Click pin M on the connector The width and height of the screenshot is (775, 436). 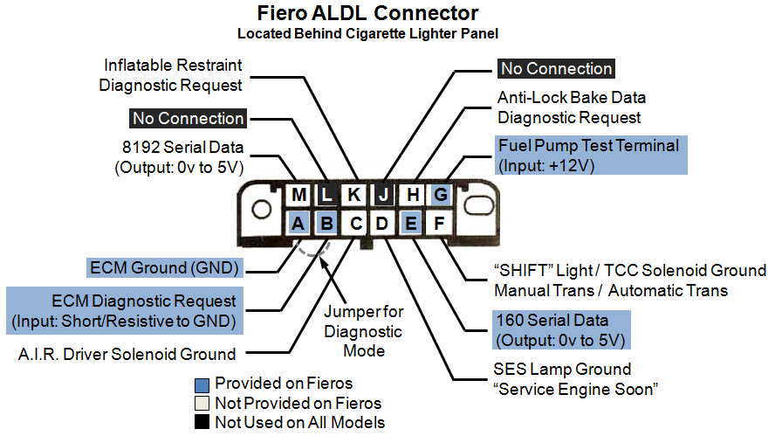[x=298, y=195]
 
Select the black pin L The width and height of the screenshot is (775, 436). [x=326, y=195]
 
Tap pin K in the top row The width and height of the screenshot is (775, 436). [x=353, y=195]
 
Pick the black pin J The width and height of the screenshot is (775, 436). [x=383, y=195]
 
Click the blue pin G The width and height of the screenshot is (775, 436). [x=441, y=195]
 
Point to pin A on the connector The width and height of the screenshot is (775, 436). [x=298, y=223]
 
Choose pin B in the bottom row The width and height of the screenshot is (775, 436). [x=326, y=223]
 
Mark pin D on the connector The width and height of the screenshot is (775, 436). [x=382, y=223]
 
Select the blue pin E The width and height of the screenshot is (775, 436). [x=411, y=223]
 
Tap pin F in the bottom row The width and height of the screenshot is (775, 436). [x=439, y=223]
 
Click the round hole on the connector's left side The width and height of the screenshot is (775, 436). [x=261, y=209]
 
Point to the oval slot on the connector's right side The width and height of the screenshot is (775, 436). [x=478, y=204]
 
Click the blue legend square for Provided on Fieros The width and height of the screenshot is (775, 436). [x=202, y=385]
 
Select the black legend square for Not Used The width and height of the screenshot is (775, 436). [x=202, y=422]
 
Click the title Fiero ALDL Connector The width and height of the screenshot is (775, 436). [x=367, y=13]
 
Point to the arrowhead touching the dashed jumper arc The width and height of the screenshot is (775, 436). [x=323, y=262]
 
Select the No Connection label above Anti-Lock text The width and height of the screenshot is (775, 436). [x=557, y=68]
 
